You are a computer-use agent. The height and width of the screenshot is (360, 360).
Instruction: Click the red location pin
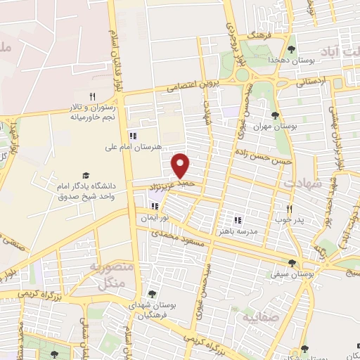[x=181, y=165]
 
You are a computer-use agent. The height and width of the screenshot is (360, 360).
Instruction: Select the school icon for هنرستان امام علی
[x=131, y=136]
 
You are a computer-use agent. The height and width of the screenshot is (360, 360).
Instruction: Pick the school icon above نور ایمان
[x=155, y=207]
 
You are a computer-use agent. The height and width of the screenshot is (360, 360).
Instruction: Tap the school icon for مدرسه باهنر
[x=238, y=219]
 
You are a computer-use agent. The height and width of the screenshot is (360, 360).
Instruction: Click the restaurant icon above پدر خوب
[x=289, y=209]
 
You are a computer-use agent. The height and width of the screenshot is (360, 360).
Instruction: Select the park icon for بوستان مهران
[x=275, y=115]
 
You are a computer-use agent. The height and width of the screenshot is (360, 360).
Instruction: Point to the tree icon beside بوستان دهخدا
[x=291, y=49]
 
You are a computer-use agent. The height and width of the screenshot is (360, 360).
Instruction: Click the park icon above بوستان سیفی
[x=292, y=262]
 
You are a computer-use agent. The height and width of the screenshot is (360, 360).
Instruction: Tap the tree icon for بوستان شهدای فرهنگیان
[x=151, y=294]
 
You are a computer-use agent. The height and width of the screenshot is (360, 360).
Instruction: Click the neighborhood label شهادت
[x=302, y=183]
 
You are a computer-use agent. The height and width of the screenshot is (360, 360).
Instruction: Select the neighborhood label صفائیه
[x=261, y=317]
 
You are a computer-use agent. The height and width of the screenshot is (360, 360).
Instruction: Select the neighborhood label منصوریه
[x=110, y=267]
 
